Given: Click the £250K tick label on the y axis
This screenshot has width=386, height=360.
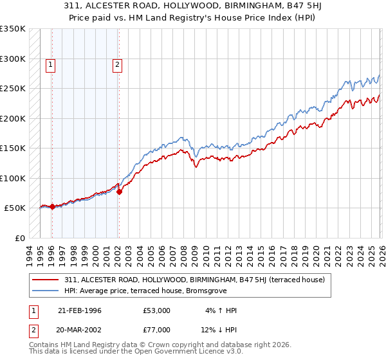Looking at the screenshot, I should tap(13, 88).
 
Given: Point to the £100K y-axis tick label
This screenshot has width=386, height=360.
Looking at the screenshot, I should tap(13, 178).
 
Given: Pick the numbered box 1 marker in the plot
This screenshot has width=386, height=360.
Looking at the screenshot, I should tap(51, 64).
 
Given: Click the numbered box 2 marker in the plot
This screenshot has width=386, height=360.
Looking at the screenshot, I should tap(118, 64).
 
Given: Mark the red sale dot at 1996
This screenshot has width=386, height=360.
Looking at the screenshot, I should tap(52, 206).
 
